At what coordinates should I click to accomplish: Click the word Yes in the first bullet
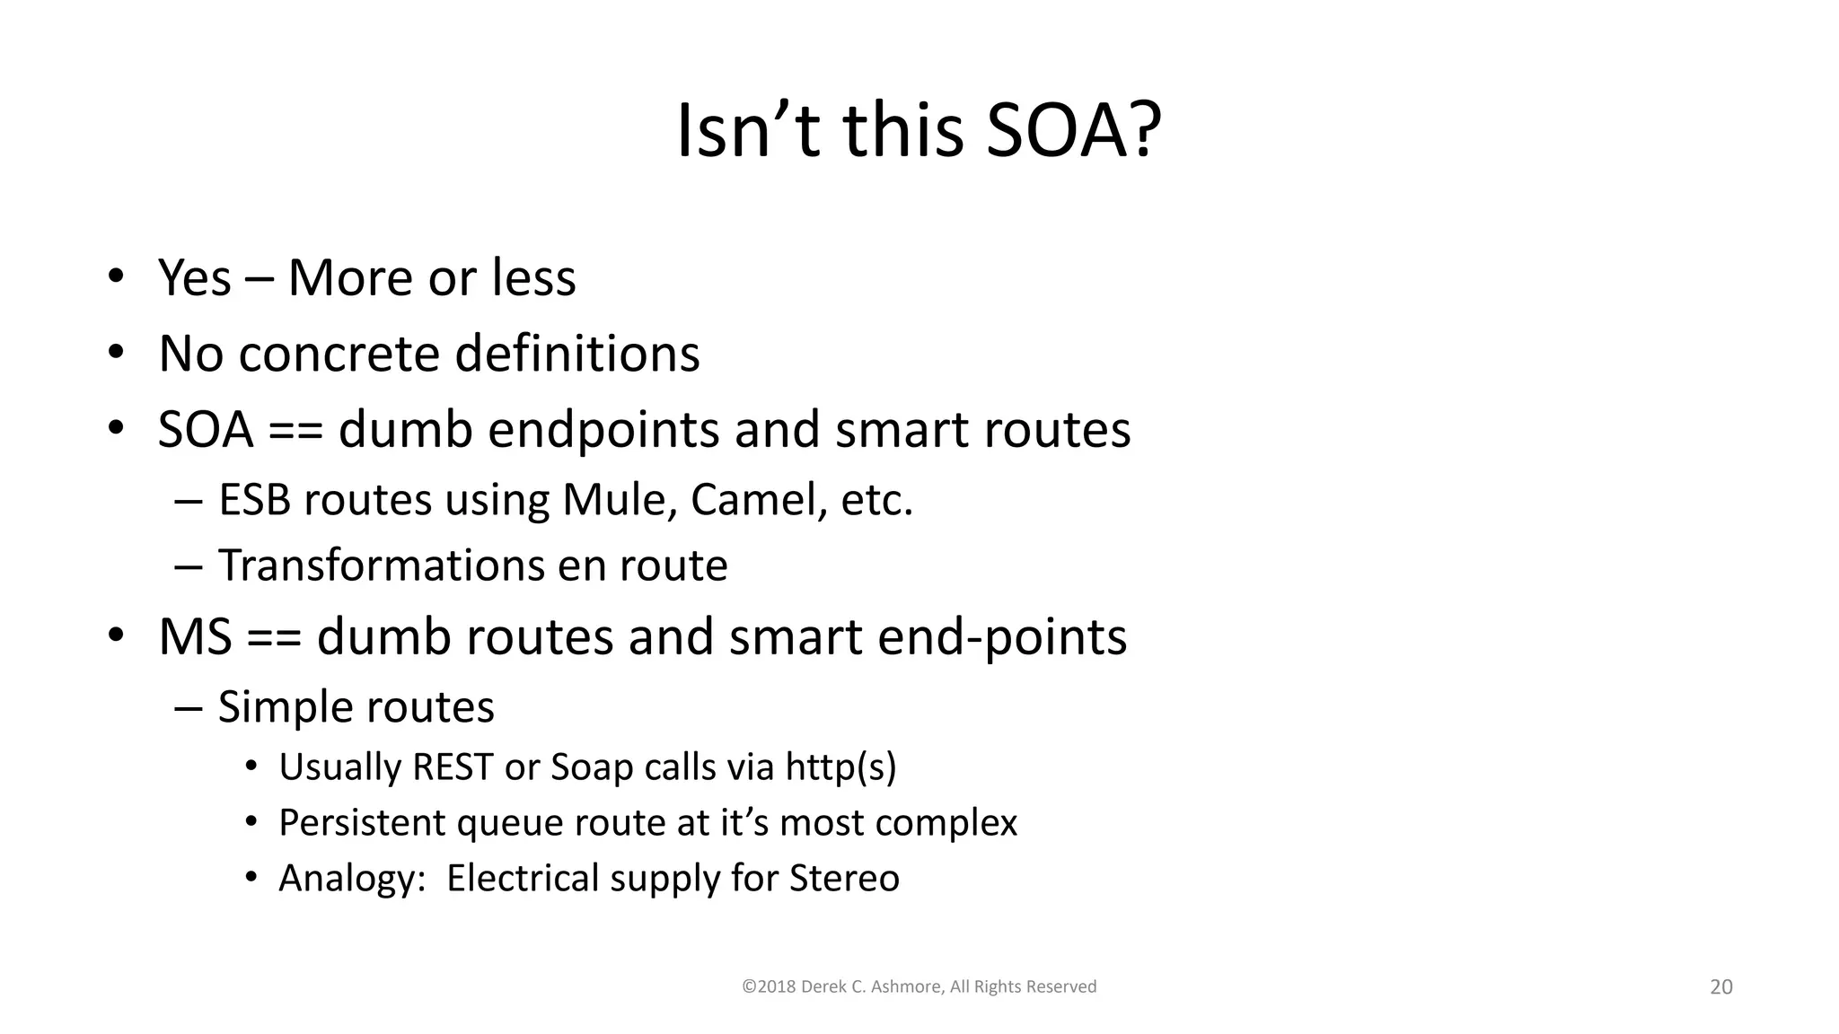pos(194,278)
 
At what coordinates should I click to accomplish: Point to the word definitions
pos(576,354)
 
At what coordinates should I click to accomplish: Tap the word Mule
pos(618,500)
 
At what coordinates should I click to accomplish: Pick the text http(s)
pos(840,767)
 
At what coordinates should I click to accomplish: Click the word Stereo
pos(844,879)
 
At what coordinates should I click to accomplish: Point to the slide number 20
pos(1720,987)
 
